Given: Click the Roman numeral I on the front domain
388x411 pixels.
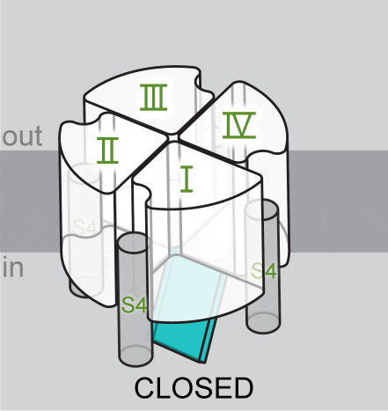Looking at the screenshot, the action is (x=187, y=179).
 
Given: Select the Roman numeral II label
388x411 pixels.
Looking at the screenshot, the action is (x=107, y=150).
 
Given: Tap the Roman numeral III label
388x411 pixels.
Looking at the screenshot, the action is (x=153, y=98).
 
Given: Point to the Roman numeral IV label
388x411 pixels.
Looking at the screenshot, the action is (x=239, y=125).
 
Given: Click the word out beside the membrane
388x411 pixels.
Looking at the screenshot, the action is (x=22, y=136).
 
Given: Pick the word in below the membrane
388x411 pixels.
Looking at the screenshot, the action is (x=13, y=267).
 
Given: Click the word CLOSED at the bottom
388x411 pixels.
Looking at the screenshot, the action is (x=194, y=388).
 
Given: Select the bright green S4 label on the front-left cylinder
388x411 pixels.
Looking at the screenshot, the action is (x=134, y=305).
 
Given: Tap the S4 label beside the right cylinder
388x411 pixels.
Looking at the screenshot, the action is (x=264, y=271).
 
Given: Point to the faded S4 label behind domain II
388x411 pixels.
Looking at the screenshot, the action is (x=84, y=228).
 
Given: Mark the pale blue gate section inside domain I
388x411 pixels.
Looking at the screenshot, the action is (x=187, y=288).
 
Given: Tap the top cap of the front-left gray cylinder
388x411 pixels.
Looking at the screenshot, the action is (x=133, y=242).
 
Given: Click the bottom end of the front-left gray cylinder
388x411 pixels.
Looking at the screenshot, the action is (x=136, y=356).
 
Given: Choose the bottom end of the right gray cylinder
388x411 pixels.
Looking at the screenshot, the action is (x=263, y=323).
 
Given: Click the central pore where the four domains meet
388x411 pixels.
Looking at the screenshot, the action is (x=173, y=137).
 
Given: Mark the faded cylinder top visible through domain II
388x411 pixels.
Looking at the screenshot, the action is (x=83, y=173).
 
